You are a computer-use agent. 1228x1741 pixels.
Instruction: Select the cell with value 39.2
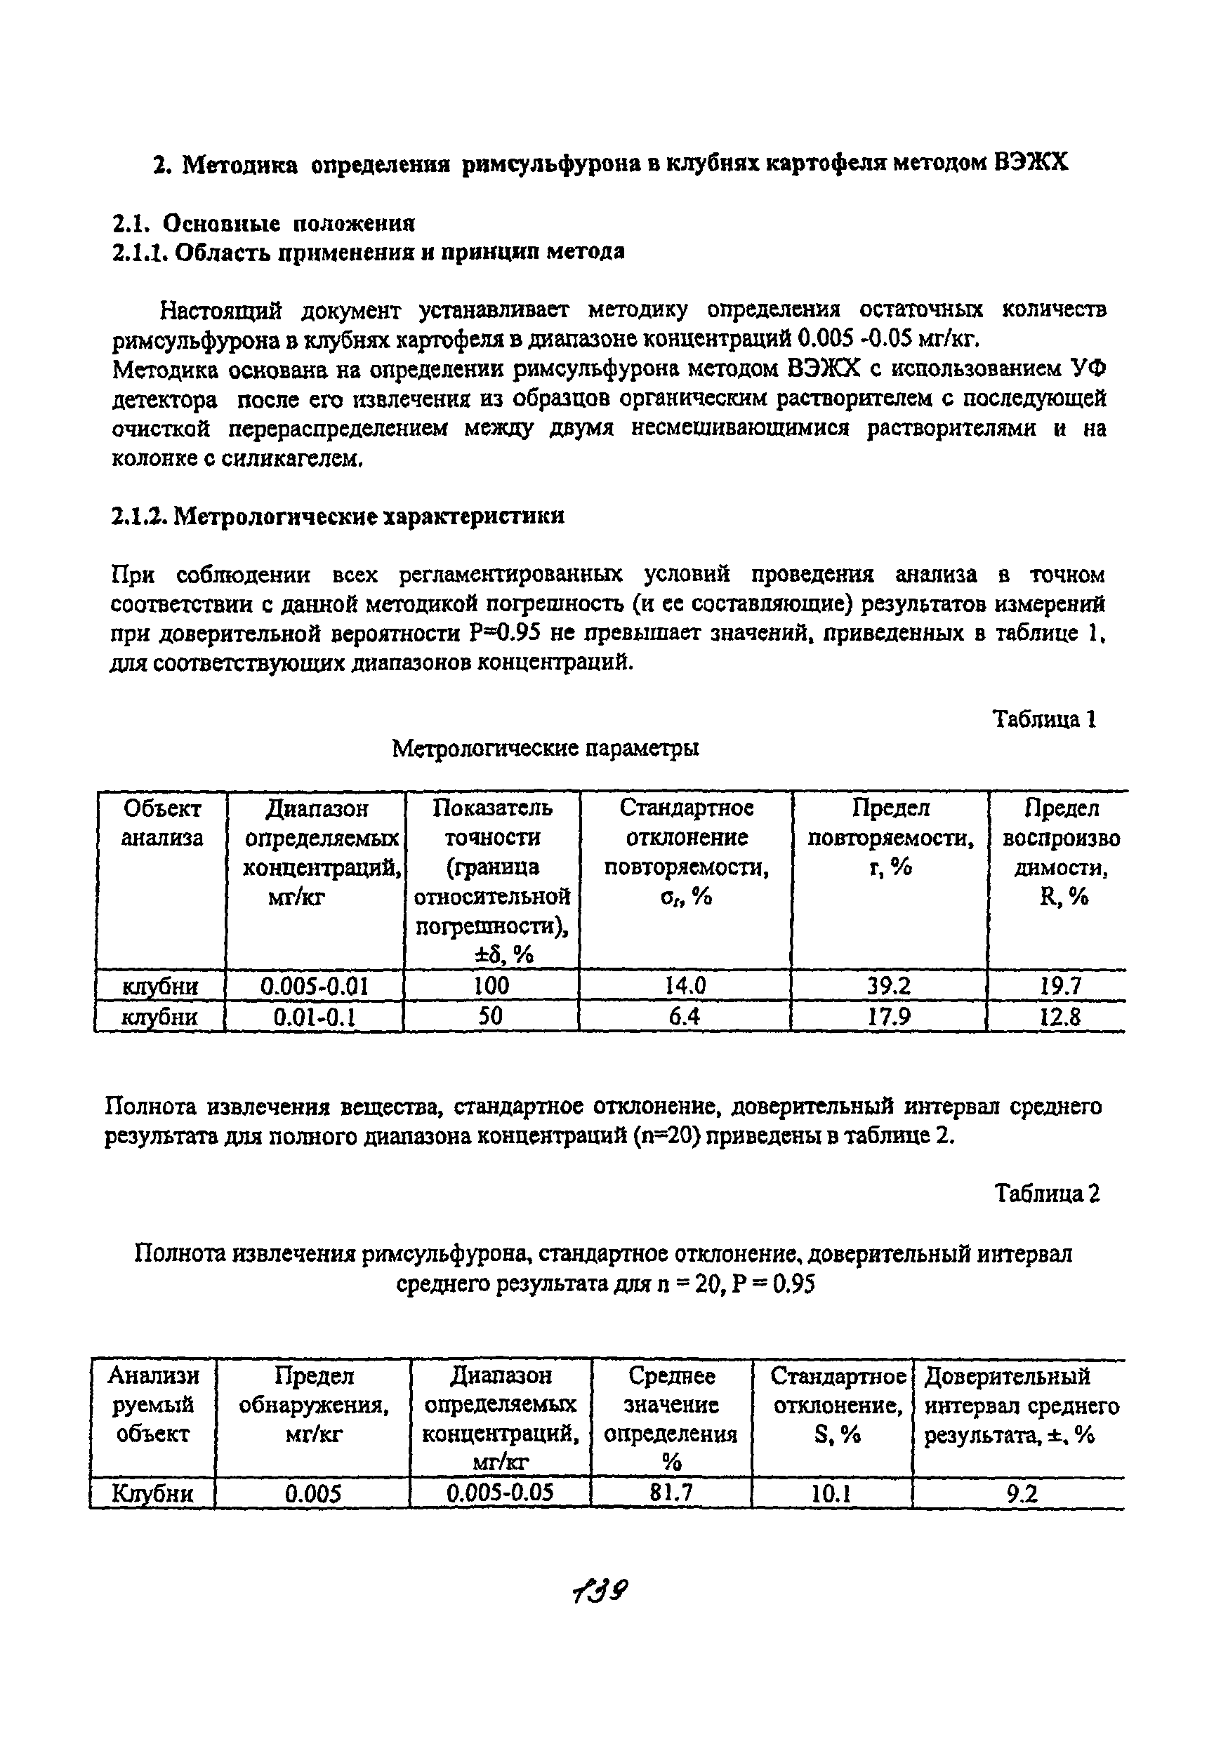(x=889, y=986)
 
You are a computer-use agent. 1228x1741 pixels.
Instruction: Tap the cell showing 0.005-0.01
(x=314, y=986)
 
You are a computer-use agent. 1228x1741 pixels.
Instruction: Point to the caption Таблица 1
(x=1045, y=719)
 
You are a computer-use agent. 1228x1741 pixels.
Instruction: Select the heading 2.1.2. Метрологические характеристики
(x=338, y=516)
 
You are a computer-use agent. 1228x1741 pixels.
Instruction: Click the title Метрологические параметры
(x=546, y=749)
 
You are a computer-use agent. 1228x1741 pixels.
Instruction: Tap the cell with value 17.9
(x=889, y=1016)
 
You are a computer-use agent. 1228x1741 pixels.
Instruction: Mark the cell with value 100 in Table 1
(x=491, y=986)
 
